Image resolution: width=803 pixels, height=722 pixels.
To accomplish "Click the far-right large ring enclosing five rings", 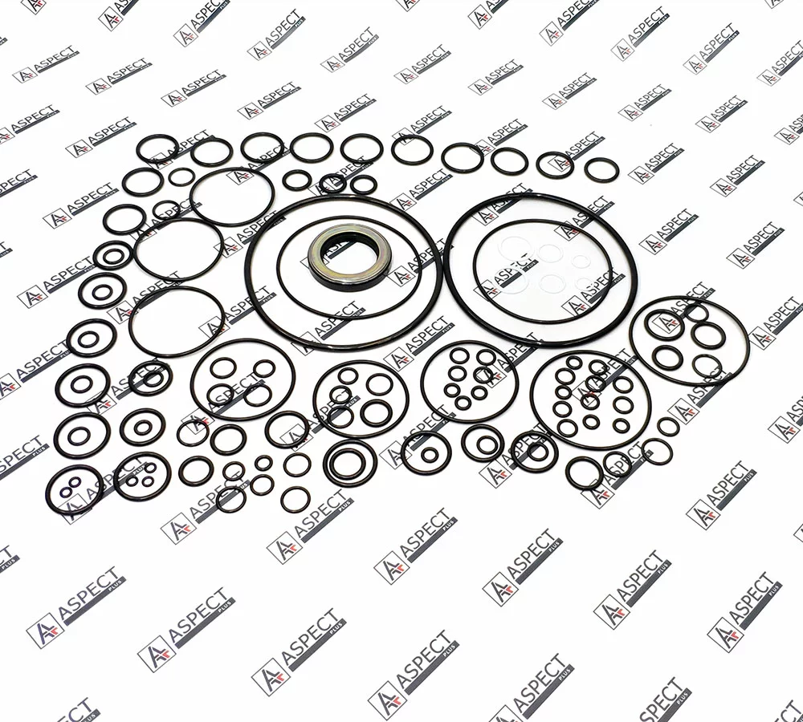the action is pos(632,340).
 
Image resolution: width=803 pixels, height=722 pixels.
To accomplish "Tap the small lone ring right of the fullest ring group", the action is pos(668,427).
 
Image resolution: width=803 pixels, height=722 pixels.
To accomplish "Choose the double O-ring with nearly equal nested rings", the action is pos(326,463).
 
